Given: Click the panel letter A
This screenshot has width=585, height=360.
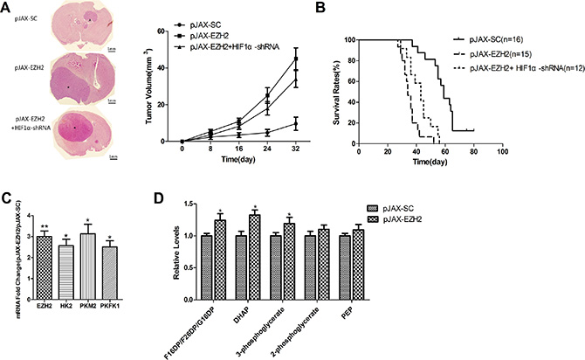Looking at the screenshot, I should click(8, 8).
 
